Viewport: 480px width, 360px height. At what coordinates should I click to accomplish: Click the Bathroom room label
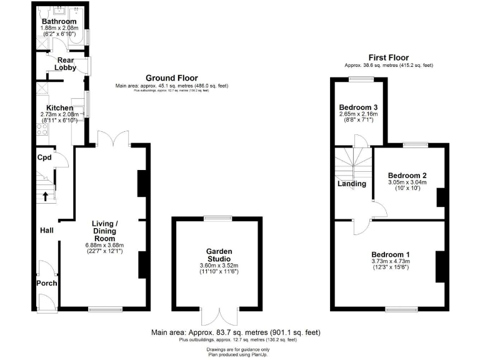point(59,22)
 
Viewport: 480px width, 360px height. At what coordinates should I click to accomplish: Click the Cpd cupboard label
point(44,157)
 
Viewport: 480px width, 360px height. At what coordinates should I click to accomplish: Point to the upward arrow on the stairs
point(46,197)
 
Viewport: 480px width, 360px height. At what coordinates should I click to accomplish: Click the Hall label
point(46,231)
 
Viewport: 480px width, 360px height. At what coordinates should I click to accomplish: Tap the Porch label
point(46,283)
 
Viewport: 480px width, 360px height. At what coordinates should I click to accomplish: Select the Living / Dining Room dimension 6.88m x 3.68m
point(104,245)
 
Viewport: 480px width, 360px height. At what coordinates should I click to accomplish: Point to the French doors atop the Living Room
point(113,139)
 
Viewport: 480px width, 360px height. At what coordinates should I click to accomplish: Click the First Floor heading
point(389,57)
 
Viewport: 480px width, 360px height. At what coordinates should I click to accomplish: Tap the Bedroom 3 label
point(357,107)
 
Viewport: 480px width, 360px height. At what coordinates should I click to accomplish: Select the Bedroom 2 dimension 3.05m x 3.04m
point(407,182)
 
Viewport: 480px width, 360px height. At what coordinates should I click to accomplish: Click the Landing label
point(352,184)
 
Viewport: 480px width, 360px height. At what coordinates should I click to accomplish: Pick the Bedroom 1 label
point(391,254)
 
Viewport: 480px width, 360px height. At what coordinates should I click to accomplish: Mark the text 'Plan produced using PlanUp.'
point(240,354)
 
